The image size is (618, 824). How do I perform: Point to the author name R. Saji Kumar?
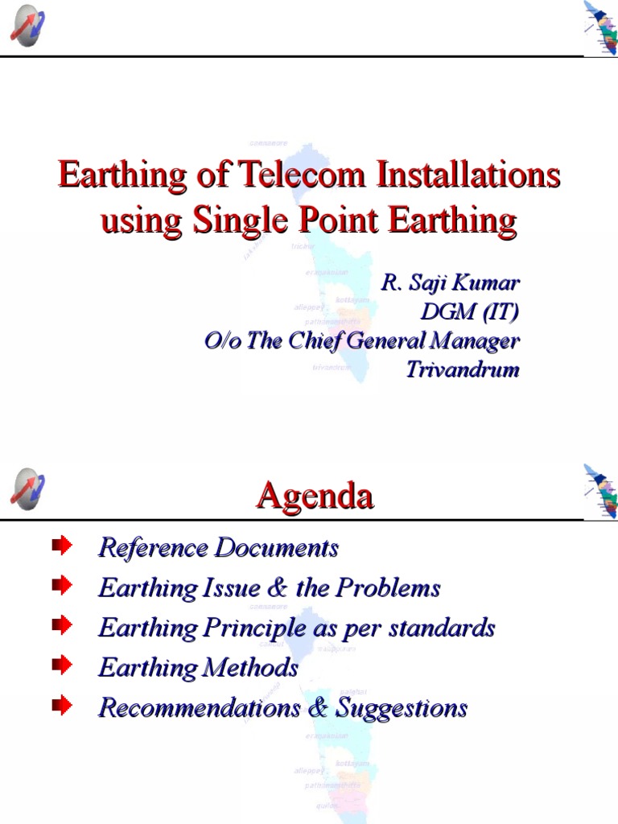click(x=450, y=283)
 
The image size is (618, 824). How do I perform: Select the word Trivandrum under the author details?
click(x=463, y=370)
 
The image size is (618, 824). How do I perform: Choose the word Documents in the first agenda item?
click(x=276, y=549)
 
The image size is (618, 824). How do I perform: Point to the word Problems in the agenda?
click(x=389, y=588)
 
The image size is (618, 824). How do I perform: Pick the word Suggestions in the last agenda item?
click(x=402, y=708)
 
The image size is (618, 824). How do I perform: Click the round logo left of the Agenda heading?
click(x=27, y=488)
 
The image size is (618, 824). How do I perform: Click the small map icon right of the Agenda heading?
click(x=601, y=490)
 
